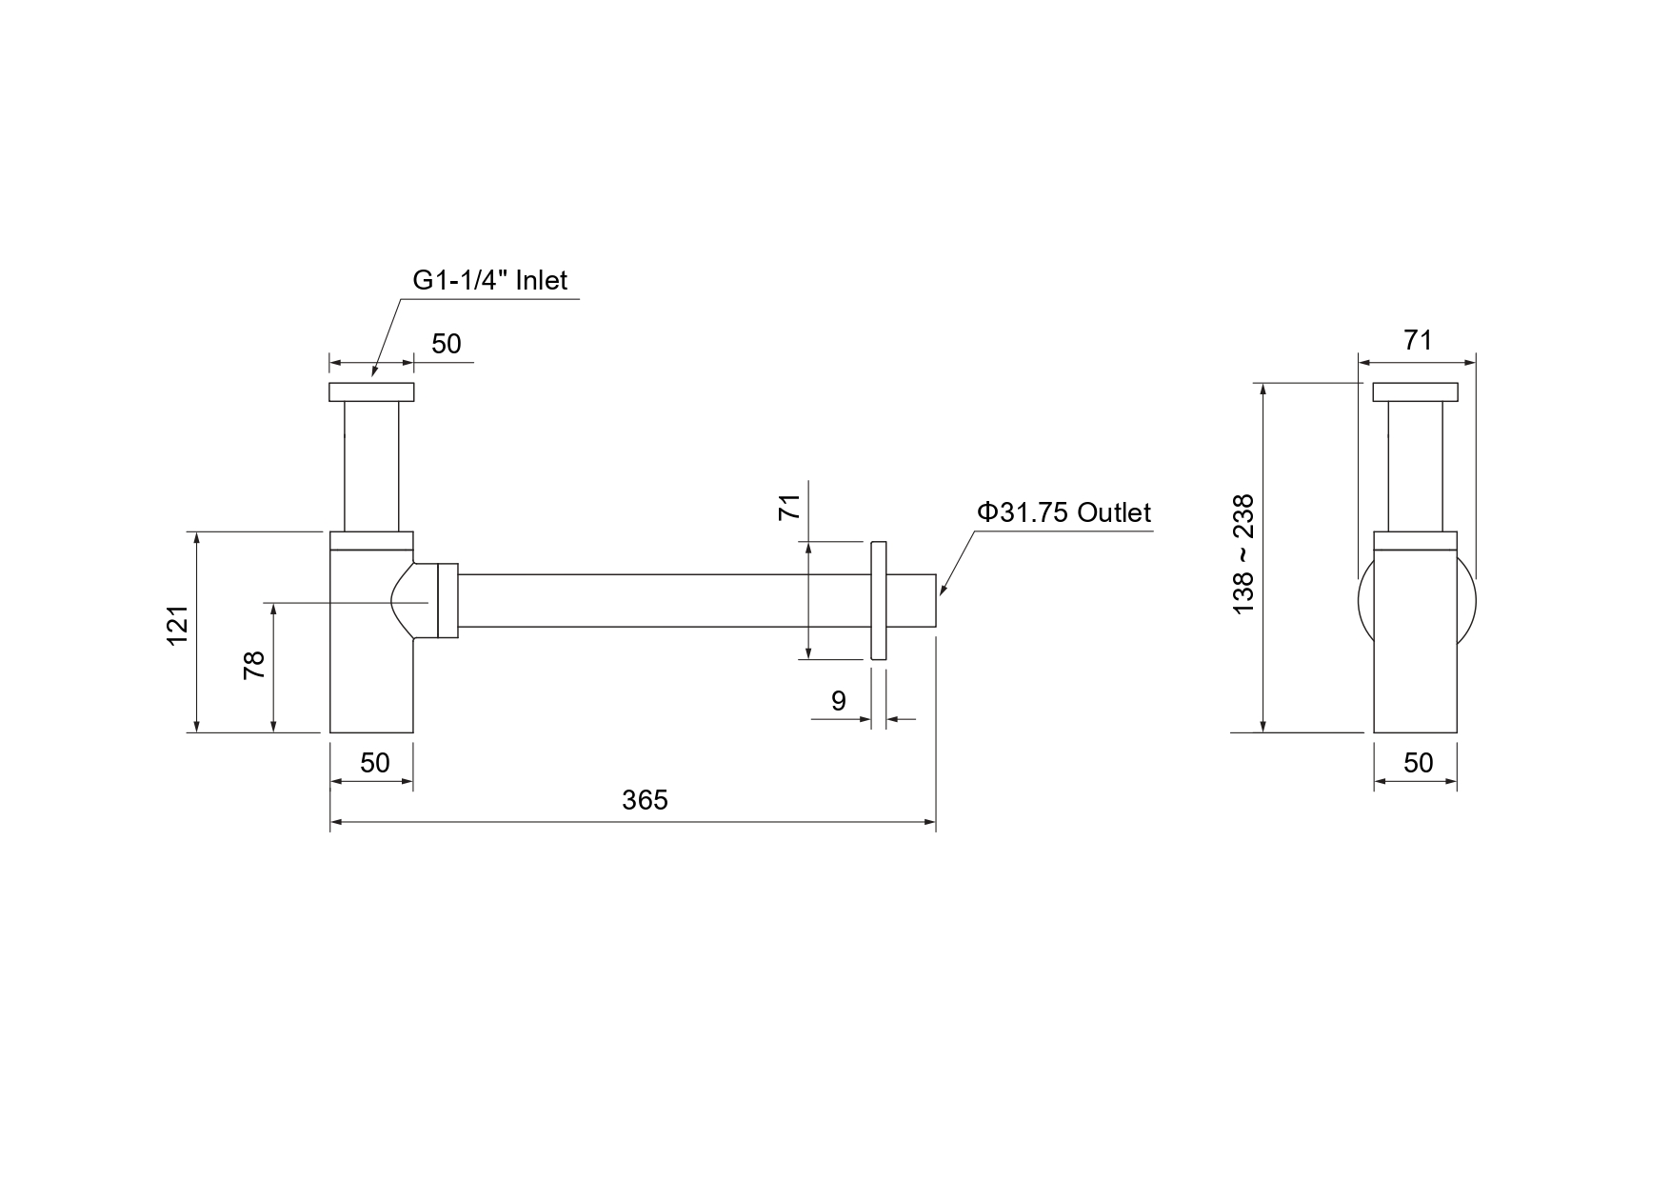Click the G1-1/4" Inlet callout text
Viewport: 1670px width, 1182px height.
[x=489, y=280]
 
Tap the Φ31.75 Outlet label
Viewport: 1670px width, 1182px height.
[x=1064, y=512]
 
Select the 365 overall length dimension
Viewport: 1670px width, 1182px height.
[x=646, y=800]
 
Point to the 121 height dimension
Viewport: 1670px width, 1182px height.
[x=178, y=626]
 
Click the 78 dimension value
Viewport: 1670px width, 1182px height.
[x=254, y=665]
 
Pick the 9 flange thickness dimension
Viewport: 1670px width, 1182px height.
[x=838, y=701]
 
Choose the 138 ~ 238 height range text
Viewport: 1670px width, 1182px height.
[x=1243, y=553]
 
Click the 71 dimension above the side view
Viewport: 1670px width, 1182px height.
[x=1418, y=340]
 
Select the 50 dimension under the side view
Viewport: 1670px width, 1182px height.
[x=1418, y=762]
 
